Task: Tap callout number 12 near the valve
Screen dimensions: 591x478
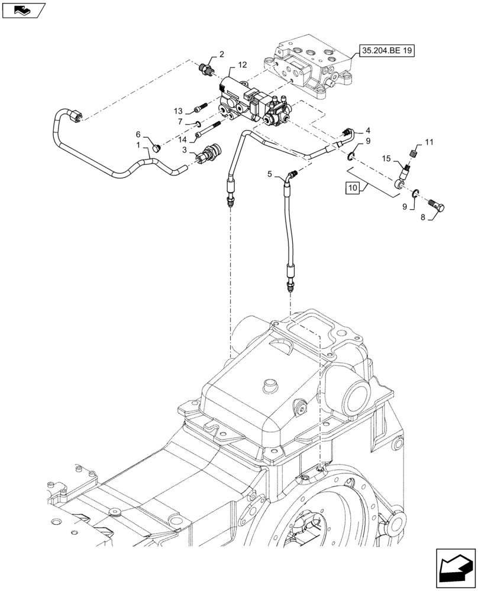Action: pyautogui.click(x=243, y=64)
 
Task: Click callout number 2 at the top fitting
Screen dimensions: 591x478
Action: pyautogui.click(x=221, y=54)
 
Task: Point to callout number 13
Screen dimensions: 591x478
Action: pyautogui.click(x=178, y=111)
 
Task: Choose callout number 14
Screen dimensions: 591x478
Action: pyautogui.click(x=183, y=139)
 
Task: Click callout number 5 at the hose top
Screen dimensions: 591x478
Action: pyautogui.click(x=269, y=174)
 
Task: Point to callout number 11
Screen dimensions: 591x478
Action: pyautogui.click(x=429, y=142)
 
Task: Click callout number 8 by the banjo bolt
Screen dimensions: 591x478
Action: pyautogui.click(x=422, y=217)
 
